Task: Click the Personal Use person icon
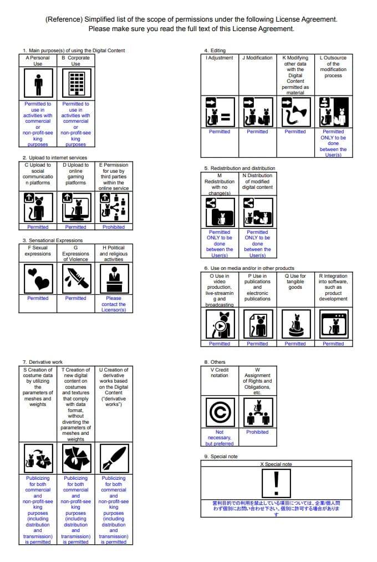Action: click(x=38, y=84)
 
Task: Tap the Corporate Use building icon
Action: click(x=75, y=84)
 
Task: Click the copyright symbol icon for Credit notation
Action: click(x=220, y=412)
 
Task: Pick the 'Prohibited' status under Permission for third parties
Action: click(x=114, y=227)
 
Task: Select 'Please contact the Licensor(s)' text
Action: click(x=114, y=304)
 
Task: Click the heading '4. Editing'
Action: click(x=215, y=51)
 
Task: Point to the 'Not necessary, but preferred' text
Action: click(x=220, y=438)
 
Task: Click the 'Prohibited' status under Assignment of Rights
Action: click(x=257, y=432)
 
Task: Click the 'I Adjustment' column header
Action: click(x=220, y=58)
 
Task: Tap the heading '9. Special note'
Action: click(x=221, y=456)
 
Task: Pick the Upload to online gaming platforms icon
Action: click(x=75, y=208)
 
